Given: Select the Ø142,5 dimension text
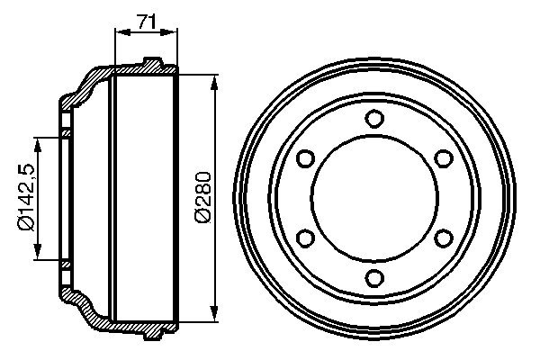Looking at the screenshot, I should [24, 199].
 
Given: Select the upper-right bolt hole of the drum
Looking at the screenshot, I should [443, 158].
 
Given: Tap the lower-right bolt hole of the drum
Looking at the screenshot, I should [443, 238].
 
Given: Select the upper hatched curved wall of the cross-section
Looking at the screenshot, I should [85, 85].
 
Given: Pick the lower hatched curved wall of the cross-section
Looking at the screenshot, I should [85, 310].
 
